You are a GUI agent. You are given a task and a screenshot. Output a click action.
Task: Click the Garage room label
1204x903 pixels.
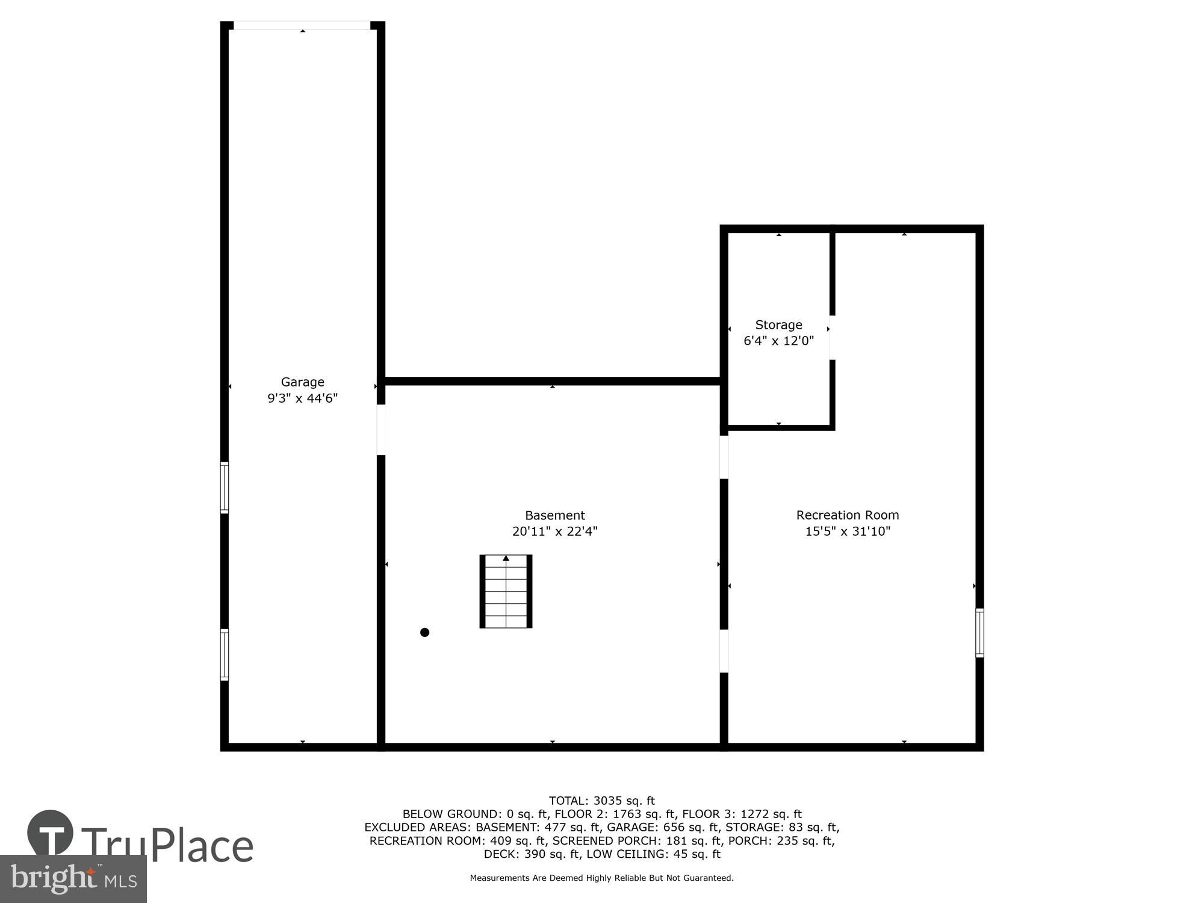click(302, 382)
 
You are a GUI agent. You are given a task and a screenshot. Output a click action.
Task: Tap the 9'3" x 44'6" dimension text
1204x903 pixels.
click(302, 398)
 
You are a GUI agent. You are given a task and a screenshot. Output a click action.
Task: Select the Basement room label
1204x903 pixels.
click(554, 515)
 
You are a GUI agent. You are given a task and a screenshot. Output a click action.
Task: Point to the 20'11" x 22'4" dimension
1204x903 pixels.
click(554, 532)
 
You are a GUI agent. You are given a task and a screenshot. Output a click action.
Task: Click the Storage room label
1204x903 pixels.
click(778, 325)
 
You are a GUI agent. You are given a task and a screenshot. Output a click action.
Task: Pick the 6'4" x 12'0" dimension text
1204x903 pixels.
click(778, 341)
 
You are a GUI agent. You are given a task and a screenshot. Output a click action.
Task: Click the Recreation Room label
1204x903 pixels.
click(847, 515)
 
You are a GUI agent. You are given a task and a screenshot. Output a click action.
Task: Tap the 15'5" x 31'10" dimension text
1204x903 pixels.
click(847, 532)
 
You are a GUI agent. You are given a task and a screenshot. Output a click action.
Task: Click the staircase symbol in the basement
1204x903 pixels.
click(506, 591)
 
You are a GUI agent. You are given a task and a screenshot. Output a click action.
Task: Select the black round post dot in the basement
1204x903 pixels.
click(424, 632)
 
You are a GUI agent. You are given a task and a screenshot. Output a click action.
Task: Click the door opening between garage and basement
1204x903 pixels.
click(381, 430)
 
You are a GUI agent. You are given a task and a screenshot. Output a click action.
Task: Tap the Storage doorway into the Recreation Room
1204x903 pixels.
click(833, 338)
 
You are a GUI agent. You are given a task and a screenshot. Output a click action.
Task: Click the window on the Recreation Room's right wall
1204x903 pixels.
click(979, 633)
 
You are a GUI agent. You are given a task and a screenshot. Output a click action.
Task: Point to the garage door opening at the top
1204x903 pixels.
click(302, 25)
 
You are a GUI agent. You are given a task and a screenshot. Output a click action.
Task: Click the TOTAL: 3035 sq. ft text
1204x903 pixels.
click(601, 801)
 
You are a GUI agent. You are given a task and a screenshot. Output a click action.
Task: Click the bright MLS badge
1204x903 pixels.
click(73, 879)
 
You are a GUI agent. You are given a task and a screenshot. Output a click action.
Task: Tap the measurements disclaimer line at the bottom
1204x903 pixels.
click(601, 878)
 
